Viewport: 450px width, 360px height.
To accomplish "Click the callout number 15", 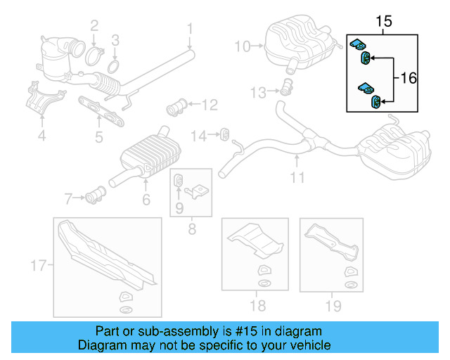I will point(383,22).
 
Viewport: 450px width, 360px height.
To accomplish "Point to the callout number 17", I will point(38,265).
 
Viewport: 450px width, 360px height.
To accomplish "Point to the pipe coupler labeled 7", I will point(96,195).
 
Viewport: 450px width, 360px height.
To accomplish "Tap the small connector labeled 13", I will point(285,89).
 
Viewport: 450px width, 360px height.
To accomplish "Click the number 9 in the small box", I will point(179,207).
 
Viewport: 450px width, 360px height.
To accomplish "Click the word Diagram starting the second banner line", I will point(98,345).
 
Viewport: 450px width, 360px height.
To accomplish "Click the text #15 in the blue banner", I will point(264,331).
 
